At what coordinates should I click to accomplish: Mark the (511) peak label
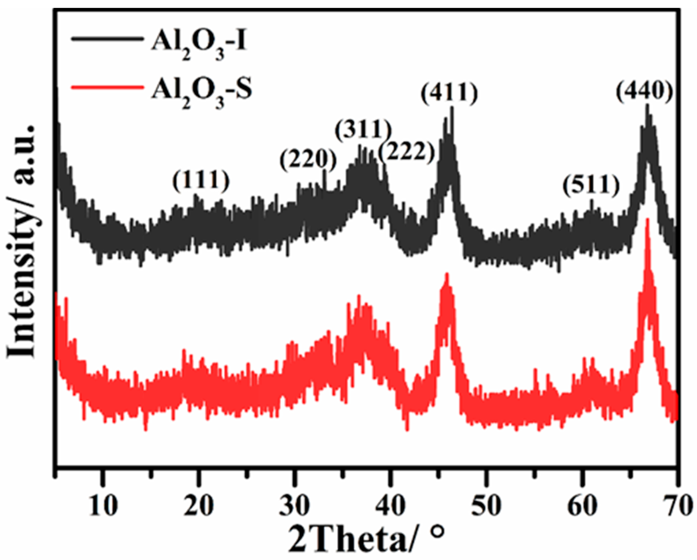(x=591, y=186)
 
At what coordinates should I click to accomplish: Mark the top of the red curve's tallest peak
(x=647, y=219)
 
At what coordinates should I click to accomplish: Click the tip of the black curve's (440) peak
(x=647, y=114)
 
